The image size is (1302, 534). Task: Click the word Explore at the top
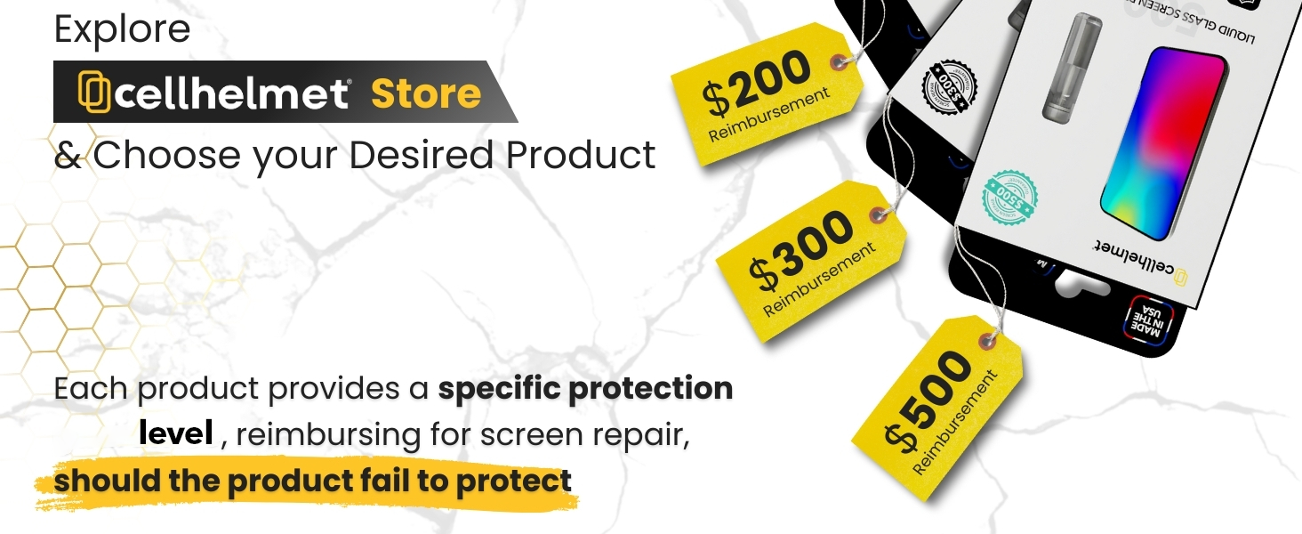[x=122, y=29]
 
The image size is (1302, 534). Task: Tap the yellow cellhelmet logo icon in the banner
[x=93, y=92]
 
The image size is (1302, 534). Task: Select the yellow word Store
[x=425, y=93]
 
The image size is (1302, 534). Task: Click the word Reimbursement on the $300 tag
[x=820, y=279]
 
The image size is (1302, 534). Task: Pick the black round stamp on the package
[x=951, y=86]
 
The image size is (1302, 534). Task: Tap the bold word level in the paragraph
[x=175, y=434]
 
